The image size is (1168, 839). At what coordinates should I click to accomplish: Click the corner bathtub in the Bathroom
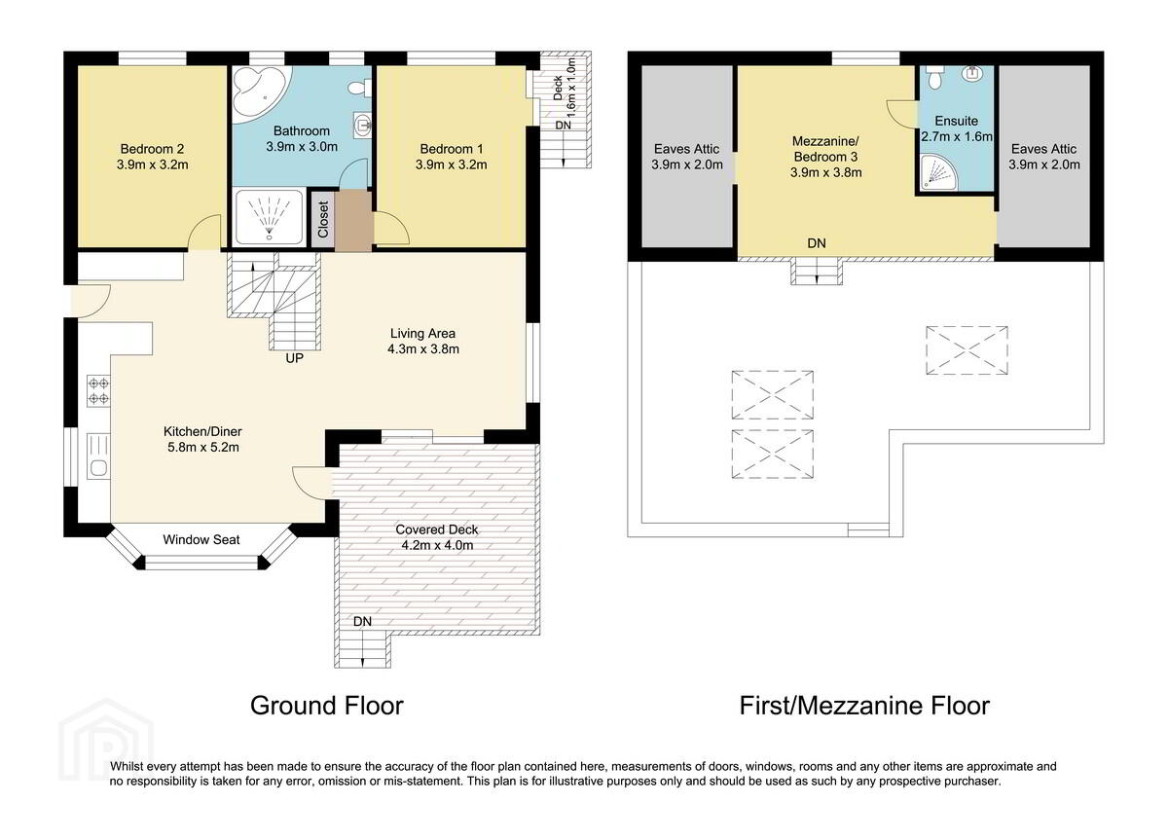pos(258,93)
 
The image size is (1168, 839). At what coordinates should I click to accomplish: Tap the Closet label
pos(323,220)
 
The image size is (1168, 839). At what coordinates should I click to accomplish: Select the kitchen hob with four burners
pos(98,391)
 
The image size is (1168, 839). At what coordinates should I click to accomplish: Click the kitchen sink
pos(98,456)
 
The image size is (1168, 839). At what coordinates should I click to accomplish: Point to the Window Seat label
pos(201,539)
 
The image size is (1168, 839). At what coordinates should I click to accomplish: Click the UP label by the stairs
pos(295,358)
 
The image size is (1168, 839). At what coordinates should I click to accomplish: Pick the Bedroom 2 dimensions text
pos(152,164)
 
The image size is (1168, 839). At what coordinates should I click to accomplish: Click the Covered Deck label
pos(437,529)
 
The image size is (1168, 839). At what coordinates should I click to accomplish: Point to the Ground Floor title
pos(327,706)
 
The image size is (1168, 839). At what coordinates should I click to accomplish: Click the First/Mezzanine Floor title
pos(864,706)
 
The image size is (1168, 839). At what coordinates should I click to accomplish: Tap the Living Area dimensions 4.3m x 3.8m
pos(423,349)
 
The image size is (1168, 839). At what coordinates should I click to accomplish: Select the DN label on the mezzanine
pos(817,243)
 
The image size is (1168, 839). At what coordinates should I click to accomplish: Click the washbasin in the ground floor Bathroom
pos(362,126)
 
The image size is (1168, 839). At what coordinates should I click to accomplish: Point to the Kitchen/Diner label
pos(202,432)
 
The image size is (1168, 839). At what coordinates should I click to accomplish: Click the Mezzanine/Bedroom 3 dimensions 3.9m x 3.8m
pos(826,172)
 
